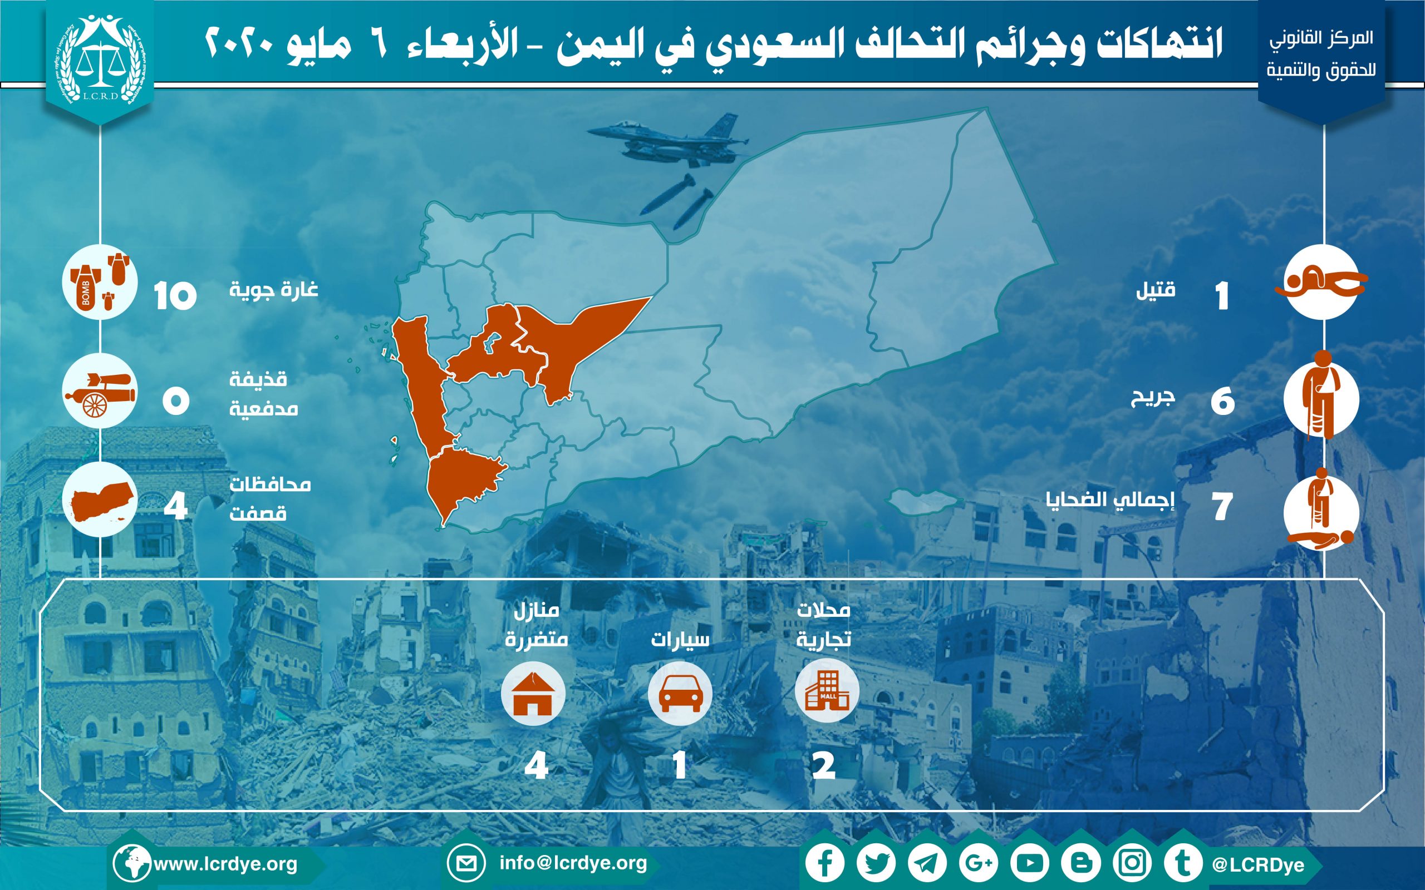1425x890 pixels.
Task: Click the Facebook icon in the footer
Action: pos(825,863)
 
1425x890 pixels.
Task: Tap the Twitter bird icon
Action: pos(876,863)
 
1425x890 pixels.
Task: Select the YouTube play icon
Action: pos(1029,863)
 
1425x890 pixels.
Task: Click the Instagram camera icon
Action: pos(1132,863)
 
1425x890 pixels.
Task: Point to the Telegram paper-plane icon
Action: pos(927,863)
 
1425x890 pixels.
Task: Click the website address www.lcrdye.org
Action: pos(225,864)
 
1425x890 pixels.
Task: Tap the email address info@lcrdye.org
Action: pos(573,863)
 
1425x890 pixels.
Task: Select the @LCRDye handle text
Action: pos(1258,864)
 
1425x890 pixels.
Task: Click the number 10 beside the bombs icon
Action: pos(175,295)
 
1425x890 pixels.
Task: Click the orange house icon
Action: pos(533,693)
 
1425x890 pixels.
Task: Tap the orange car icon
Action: pos(680,693)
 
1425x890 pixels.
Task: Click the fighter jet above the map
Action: pos(669,141)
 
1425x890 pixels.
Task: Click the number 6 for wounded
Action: pos(1223,402)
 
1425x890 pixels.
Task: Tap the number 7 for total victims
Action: pos(1222,507)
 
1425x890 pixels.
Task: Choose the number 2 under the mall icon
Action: pos(824,766)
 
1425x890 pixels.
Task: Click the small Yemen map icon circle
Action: pos(100,499)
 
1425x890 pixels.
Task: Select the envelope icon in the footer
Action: pos(466,863)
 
